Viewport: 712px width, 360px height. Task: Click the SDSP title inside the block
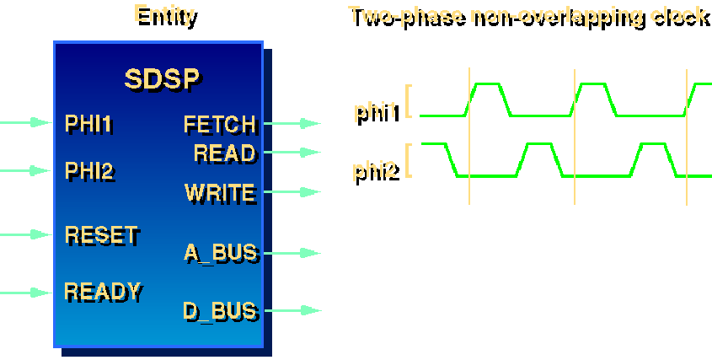pos(162,79)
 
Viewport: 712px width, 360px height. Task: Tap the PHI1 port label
pos(88,124)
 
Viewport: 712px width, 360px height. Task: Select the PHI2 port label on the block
pos(88,171)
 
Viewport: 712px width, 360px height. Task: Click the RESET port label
pos(101,234)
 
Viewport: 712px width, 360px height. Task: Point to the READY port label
pos(102,292)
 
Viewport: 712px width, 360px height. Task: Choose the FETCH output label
pos(219,125)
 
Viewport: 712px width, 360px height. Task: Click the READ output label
pos(224,153)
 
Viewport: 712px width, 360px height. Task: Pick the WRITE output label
pos(219,193)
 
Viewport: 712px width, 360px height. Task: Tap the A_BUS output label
pos(220,252)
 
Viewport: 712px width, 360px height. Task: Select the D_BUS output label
pos(219,311)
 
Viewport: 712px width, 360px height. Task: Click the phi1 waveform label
pos(377,114)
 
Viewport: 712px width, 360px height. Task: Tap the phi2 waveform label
pos(376,173)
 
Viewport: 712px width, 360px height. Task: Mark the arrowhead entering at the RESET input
pos(40,234)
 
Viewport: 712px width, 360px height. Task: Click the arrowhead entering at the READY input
pos(40,293)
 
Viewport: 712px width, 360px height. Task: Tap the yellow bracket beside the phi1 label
pos(409,100)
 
